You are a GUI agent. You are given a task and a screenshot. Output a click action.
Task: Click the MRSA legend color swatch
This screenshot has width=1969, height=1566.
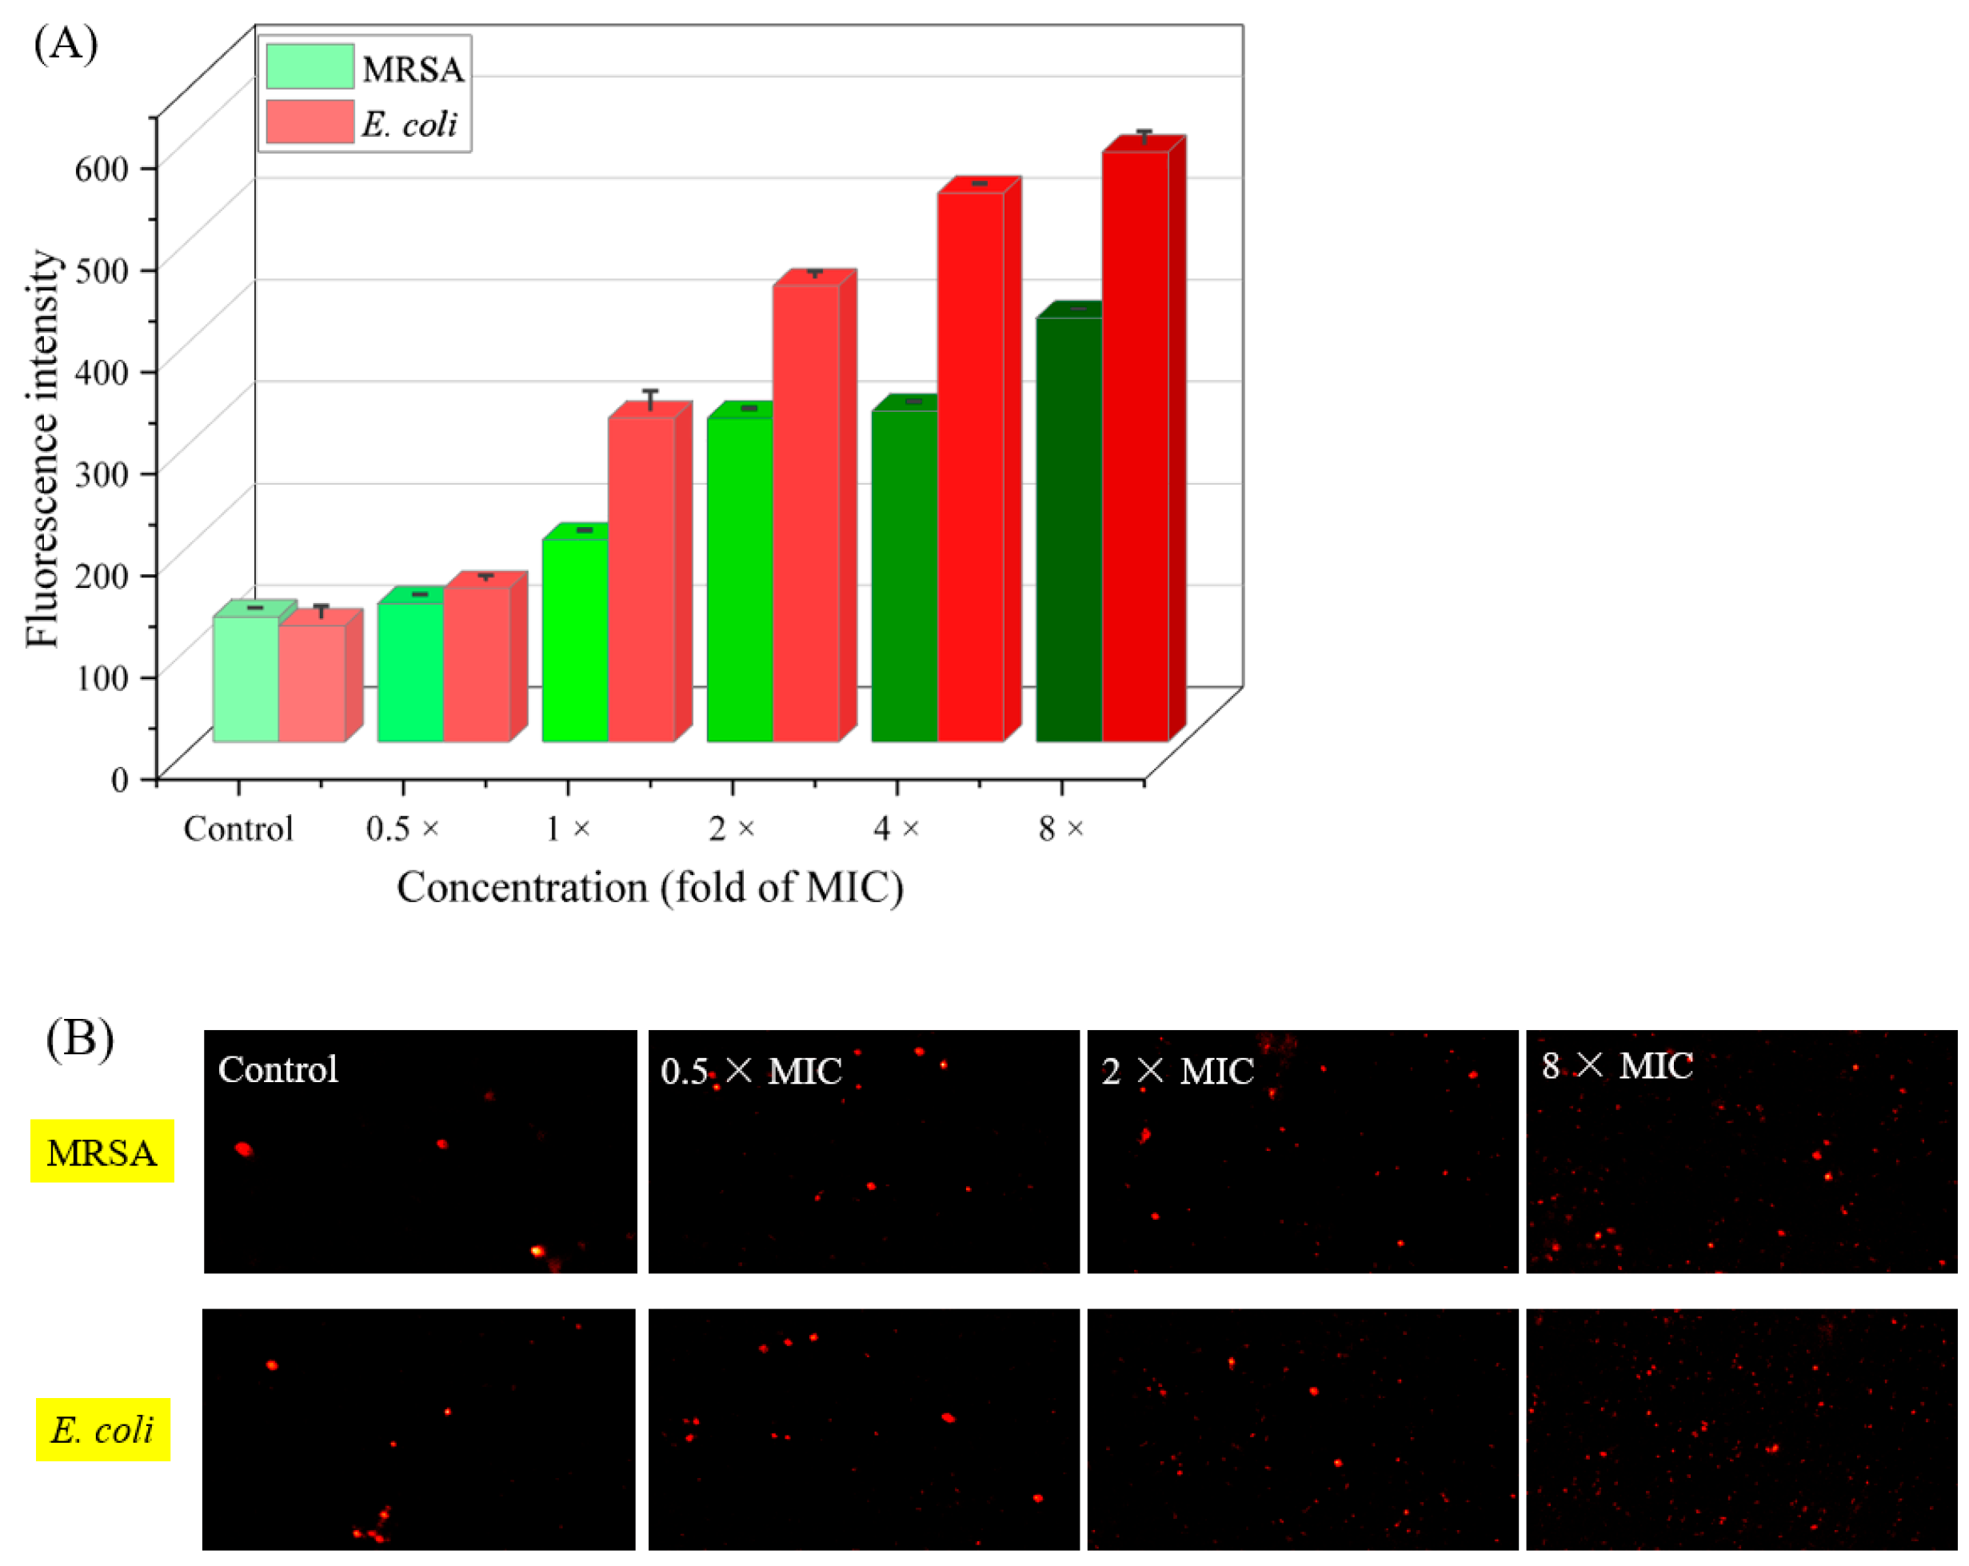pos(310,66)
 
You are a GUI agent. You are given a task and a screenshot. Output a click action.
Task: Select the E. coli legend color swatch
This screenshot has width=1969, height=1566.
pos(310,122)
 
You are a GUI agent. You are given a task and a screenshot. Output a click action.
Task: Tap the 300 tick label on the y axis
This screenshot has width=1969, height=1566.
pos(101,473)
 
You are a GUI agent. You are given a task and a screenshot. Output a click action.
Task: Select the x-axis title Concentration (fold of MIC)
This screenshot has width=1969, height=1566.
pos(649,888)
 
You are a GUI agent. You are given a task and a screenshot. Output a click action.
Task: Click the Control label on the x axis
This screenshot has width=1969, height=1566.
pos(238,829)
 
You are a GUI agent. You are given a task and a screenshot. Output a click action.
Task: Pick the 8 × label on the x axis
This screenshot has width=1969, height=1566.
pos(1060,829)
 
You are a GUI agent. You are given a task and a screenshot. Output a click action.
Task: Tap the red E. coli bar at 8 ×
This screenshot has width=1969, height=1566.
pos(1134,447)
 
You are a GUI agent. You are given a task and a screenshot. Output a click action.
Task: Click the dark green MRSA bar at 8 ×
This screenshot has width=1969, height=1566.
pos(1068,529)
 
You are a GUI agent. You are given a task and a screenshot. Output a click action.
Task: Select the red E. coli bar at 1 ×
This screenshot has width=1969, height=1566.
pos(641,580)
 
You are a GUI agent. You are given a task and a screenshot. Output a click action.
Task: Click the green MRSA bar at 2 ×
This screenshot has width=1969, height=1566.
pos(740,580)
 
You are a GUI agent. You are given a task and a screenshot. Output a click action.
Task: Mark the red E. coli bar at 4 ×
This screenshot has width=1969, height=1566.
pos(970,465)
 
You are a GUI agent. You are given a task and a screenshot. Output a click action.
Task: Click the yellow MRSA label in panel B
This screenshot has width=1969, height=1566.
pos(102,1153)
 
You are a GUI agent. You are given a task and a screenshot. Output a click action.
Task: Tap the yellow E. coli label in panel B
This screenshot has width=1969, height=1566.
pos(103,1430)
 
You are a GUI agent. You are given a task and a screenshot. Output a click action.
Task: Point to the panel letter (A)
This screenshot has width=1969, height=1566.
pos(66,44)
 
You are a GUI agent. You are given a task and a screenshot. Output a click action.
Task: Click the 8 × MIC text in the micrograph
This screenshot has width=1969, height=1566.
pos(1617,1065)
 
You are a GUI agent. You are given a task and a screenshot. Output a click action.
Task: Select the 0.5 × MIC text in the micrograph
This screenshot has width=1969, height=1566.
pos(751,1071)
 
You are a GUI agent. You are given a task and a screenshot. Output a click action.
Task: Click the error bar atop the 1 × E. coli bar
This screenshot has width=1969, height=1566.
pos(650,400)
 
